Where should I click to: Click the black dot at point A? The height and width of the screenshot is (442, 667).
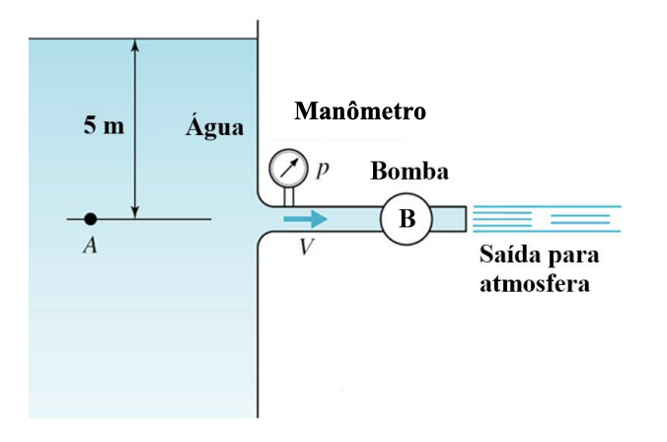(x=90, y=218)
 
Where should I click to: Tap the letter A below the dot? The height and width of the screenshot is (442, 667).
(x=90, y=247)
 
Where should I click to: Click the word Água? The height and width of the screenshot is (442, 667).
(x=215, y=127)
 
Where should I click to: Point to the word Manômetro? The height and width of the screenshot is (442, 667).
(x=360, y=110)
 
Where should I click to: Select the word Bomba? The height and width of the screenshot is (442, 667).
(x=409, y=172)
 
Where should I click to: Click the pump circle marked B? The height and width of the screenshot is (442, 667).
(x=407, y=219)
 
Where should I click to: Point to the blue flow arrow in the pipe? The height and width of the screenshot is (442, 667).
(x=311, y=218)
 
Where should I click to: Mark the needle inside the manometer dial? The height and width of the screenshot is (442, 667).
(x=288, y=168)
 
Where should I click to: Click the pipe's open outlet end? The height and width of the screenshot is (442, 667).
(x=463, y=218)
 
